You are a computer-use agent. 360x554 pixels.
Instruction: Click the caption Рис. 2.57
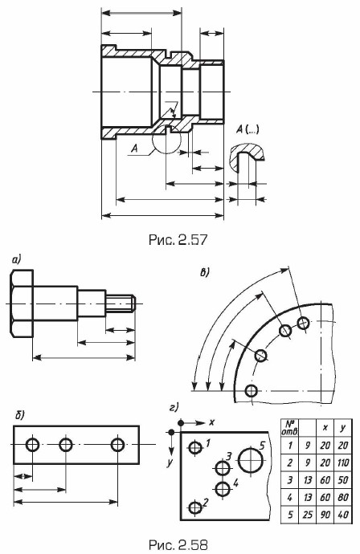[x=178, y=239]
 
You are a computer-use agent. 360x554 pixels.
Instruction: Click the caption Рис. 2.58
[x=178, y=544]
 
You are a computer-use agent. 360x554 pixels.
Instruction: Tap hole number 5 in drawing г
[x=251, y=460]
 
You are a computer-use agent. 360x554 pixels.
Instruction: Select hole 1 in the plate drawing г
[x=194, y=448]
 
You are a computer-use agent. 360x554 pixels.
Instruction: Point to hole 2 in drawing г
[x=194, y=507]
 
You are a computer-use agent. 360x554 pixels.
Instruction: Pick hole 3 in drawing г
[x=222, y=469]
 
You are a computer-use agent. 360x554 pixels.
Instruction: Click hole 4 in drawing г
[x=222, y=489]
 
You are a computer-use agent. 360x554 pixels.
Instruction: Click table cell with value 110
[x=343, y=462]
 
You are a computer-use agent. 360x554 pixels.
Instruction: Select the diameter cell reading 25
[x=308, y=515]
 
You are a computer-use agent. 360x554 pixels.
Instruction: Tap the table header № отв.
[x=289, y=428]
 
